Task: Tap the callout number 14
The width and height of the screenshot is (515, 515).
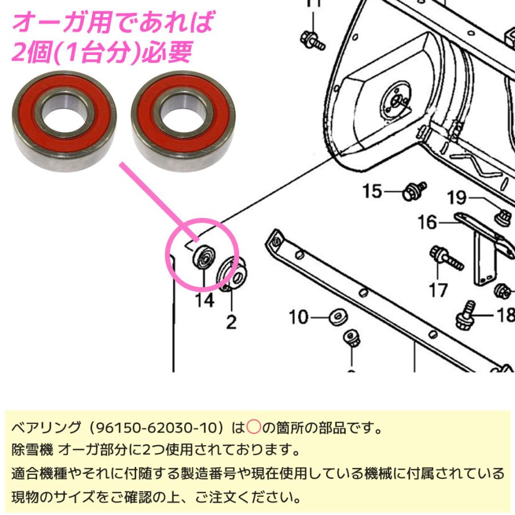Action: click(x=205, y=299)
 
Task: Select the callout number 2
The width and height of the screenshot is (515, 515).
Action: click(x=231, y=322)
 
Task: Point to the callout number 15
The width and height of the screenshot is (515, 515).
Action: click(x=372, y=191)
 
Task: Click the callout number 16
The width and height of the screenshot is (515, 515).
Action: click(x=427, y=222)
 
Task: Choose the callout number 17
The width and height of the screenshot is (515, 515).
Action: click(x=438, y=290)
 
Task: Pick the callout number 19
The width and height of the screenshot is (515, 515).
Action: click(x=457, y=198)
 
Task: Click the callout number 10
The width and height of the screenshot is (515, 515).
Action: click(x=299, y=316)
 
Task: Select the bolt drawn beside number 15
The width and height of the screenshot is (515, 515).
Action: click(x=415, y=191)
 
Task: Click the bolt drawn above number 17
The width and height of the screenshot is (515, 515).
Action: click(x=447, y=259)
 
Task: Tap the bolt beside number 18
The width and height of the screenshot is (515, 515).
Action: click(x=466, y=315)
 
